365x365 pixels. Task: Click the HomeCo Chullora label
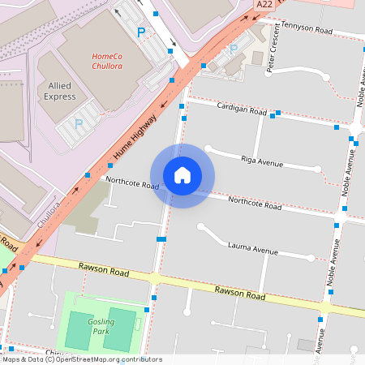pos(106,61)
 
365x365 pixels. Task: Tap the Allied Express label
pos(59,91)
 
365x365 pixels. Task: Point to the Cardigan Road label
pos(242,109)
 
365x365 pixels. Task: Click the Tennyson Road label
pos(307,32)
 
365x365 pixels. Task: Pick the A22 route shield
pos(264,5)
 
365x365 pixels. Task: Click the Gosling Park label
pos(101,327)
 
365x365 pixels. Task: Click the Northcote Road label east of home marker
pos(254,203)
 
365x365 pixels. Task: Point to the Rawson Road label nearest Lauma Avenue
pos(239,293)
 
